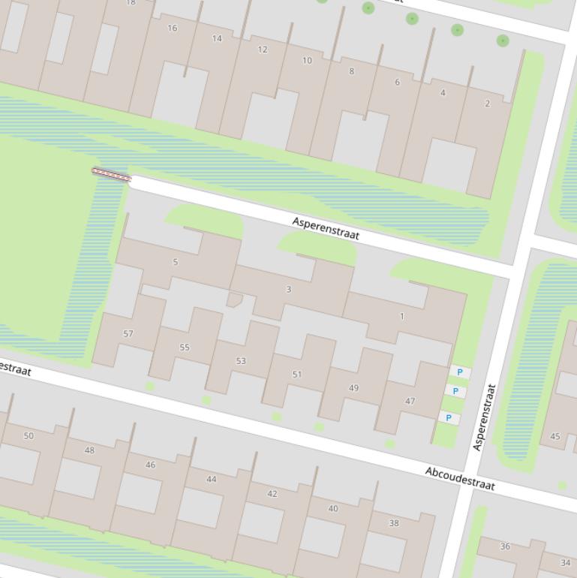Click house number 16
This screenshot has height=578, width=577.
[x=173, y=29]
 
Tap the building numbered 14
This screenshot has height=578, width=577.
[x=217, y=39]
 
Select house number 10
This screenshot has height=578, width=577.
[x=307, y=61]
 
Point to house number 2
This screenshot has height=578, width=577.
[x=487, y=104]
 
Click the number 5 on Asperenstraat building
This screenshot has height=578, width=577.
[x=176, y=262]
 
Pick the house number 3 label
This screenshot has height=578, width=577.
[x=289, y=289]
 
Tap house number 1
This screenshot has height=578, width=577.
[x=402, y=316]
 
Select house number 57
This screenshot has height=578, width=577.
[x=128, y=334]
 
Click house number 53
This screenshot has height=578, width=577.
[x=241, y=361]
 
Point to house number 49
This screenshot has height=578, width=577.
[x=353, y=388]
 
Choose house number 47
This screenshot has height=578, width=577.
[x=410, y=402]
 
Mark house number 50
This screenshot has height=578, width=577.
[x=29, y=436]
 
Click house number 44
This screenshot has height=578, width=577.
[x=211, y=479]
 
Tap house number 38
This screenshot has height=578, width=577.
[x=394, y=523]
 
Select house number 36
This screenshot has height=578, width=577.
[x=505, y=546]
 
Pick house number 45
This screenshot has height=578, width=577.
[x=555, y=436]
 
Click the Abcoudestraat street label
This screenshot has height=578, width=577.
[x=460, y=478]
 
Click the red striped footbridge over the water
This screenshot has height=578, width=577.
[x=111, y=175]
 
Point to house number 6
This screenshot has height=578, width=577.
[x=397, y=83]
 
